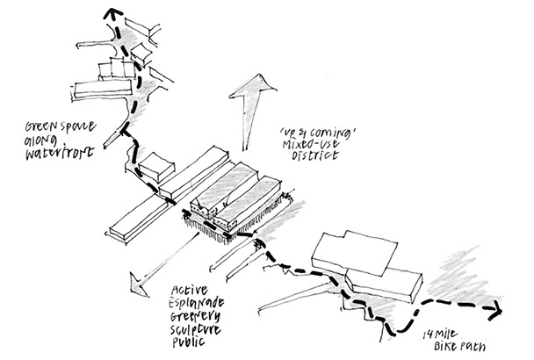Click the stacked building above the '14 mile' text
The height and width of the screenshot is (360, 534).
(360, 259)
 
